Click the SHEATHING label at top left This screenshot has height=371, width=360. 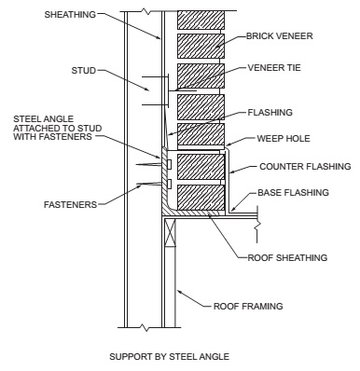pyautogui.click(x=70, y=15)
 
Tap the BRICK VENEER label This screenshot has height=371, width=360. pyautogui.click(x=280, y=36)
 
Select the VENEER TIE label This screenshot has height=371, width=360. pyautogui.click(x=274, y=68)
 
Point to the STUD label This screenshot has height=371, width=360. pyautogui.click(x=84, y=71)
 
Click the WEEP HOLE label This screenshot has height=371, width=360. pyautogui.click(x=284, y=138)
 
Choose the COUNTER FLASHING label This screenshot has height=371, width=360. pyautogui.click(x=305, y=167)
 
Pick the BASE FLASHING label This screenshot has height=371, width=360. pyautogui.click(x=293, y=193)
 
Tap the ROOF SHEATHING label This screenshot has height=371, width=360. pyautogui.click(x=287, y=257)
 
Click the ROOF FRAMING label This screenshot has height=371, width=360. pyautogui.click(x=248, y=307)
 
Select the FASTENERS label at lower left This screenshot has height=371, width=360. pyautogui.click(x=71, y=205)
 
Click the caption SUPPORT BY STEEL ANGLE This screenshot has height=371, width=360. pyautogui.click(x=170, y=356)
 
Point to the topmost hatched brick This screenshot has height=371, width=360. pyautogui.click(x=201, y=21)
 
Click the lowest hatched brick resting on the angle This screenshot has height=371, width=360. pyautogui.click(x=201, y=198)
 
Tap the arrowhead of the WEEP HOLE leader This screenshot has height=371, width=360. pyautogui.click(x=228, y=145)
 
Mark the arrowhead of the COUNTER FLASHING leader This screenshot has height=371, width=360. pyautogui.click(x=232, y=172)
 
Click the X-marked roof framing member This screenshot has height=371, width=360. pyautogui.click(x=170, y=233)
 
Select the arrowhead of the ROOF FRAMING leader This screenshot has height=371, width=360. pyautogui.click(x=179, y=292)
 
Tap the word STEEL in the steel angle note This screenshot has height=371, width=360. pyautogui.click(x=25, y=119)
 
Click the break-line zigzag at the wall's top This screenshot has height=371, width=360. pyautogui.click(x=145, y=12)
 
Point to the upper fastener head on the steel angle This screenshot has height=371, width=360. pyautogui.click(x=169, y=164)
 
